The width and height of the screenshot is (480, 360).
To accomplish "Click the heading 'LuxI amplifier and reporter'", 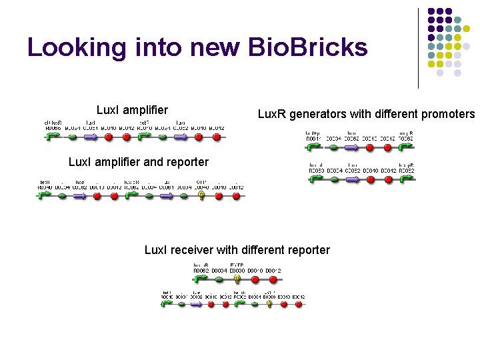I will pyautogui.click(x=139, y=162).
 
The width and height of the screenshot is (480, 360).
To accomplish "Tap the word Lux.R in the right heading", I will pyautogui.click(x=272, y=114).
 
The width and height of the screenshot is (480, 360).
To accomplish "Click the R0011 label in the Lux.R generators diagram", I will pyautogui.click(x=313, y=139).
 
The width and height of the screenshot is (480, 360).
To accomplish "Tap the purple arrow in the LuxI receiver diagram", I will pyautogui.click(x=196, y=304).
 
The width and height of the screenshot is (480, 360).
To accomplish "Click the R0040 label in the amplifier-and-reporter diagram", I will pyautogui.click(x=45, y=187).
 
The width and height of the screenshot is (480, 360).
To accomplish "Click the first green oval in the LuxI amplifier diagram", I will pyautogui.click(x=73, y=137).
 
